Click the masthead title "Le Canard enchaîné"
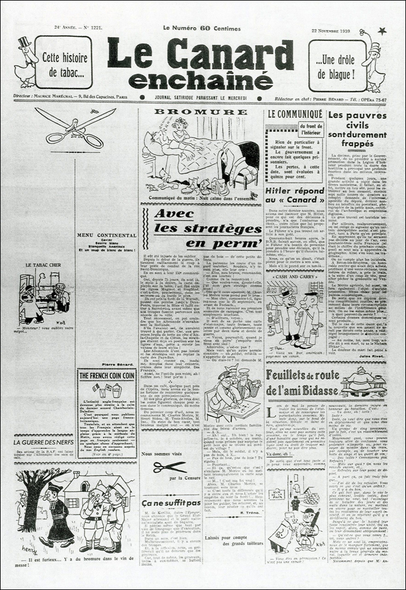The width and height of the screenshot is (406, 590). coord(200,63)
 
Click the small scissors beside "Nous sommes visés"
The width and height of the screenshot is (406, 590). coord(170,468)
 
